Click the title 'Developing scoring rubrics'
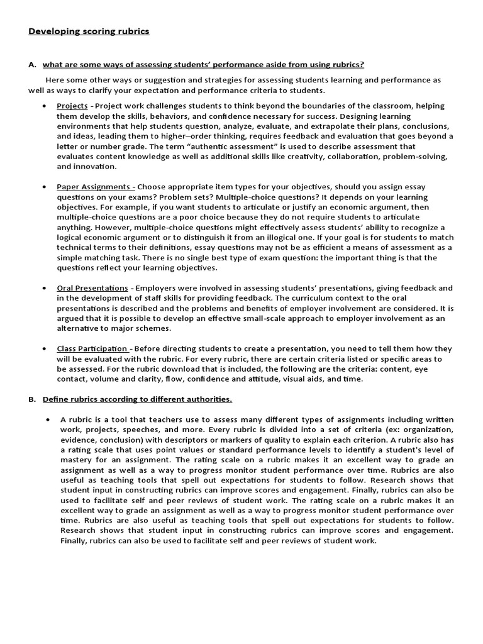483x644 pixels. tap(89, 31)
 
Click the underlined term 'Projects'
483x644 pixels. tap(72, 106)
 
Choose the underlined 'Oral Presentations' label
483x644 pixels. tap(92, 288)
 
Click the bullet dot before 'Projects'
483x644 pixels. tap(44, 106)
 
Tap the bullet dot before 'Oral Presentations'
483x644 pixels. tap(44, 288)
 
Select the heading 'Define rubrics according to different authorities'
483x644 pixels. tap(137, 399)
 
